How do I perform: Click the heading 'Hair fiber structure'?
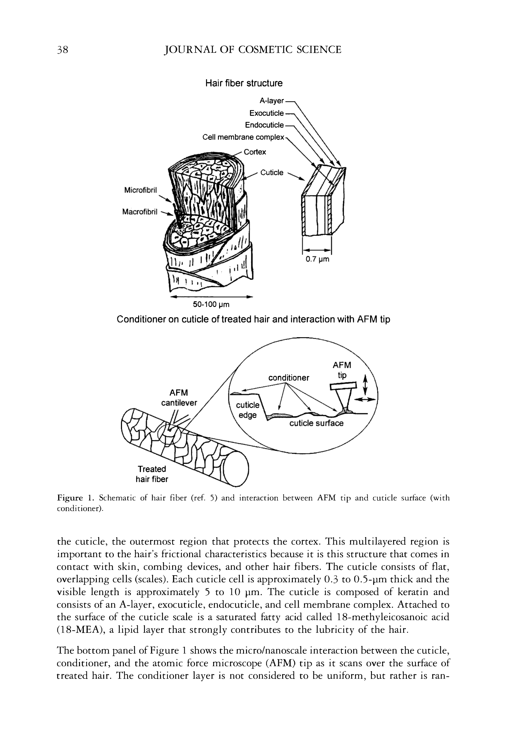click(244, 83)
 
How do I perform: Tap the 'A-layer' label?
click(271, 101)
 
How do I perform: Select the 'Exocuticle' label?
click(266, 113)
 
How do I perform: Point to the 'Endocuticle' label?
click(264, 125)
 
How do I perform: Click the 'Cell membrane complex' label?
click(243, 137)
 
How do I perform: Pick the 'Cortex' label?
click(255, 152)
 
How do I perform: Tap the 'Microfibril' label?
click(140, 190)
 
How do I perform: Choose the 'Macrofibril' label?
click(139, 212)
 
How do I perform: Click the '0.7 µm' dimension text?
click(317, 259)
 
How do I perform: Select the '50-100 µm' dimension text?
click(211, 304)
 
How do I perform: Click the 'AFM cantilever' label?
click(179, 398)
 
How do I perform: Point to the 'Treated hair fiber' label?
click(152, 474)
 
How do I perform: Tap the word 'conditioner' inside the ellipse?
click(289, 378)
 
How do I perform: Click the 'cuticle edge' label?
click(247, 410)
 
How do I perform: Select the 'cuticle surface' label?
click(316, 423)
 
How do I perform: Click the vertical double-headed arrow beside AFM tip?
click(366, 384)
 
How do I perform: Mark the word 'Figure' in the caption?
click(70, 498)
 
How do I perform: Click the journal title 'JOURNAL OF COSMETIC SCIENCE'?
click(252, 50)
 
